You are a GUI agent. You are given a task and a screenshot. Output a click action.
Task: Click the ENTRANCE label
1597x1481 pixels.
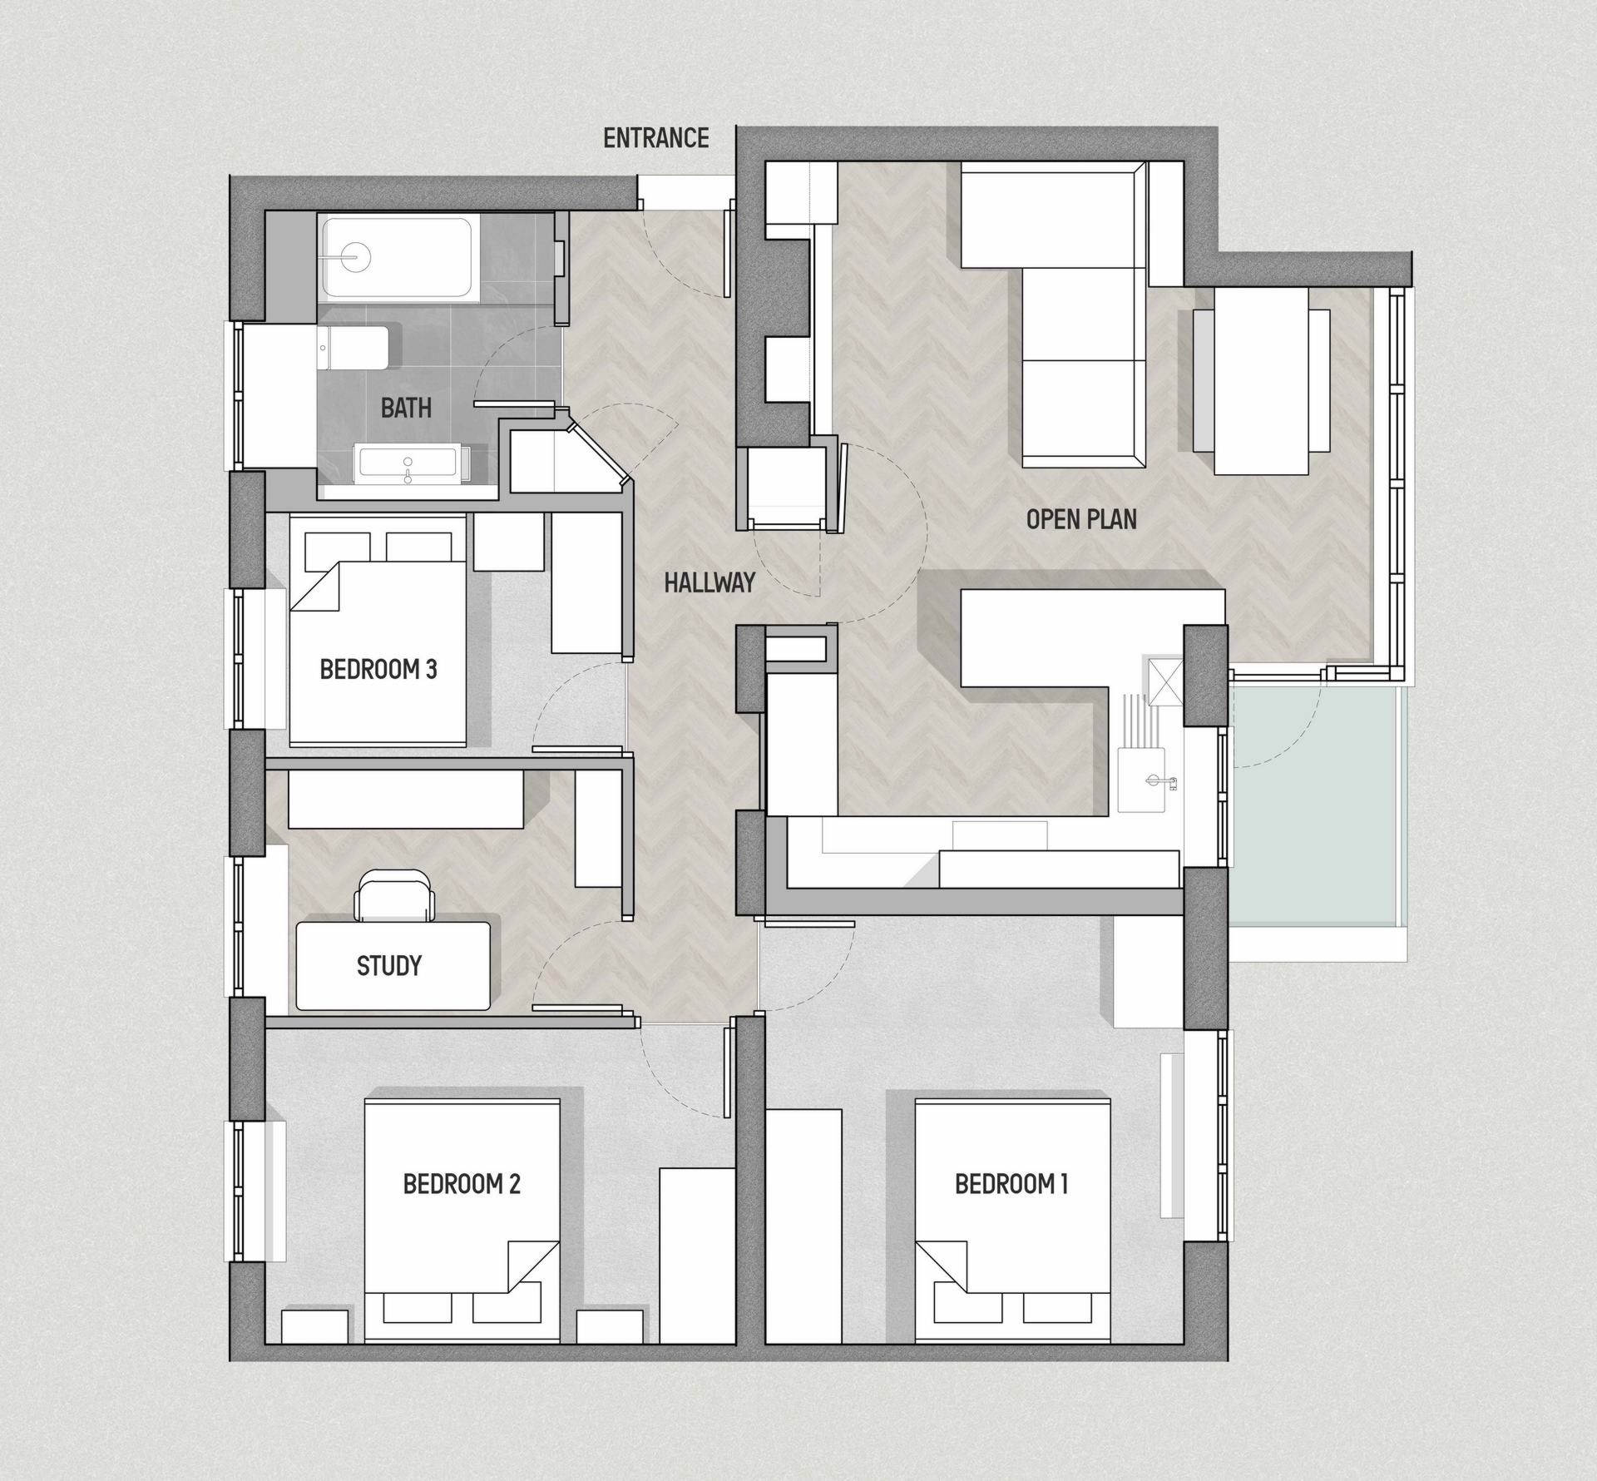pyautogui.click(x=655, y=138)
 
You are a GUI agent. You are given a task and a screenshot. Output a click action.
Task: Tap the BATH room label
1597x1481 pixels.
pyautogui.click(x=406, y=408)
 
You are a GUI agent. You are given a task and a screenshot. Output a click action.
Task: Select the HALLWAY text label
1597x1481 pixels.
pyautogui.click(x=709, y=582)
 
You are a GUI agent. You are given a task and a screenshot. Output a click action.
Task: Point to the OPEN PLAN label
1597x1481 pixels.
pyautogui.click(x=1080, y=519)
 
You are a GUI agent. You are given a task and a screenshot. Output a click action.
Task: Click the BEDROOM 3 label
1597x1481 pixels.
pyautogui.click(x=378, y=669)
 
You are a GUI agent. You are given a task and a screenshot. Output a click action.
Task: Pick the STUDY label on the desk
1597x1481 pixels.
pyautogui.click(x=388, y=965)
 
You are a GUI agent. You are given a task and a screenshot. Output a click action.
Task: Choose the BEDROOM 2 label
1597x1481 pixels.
pyautogui.click(x=461, y=1183)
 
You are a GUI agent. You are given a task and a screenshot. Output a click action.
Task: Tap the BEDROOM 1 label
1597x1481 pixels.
pyautogui.click(x=1011, y=1183)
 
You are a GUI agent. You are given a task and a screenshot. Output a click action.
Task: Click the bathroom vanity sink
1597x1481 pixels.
pyautogui.click(x=407, y=463)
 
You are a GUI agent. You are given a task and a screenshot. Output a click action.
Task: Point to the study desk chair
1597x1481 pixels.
pyautogui.click(x=395, y=896)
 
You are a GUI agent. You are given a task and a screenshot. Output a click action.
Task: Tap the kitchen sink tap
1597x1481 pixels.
pyautogui.click(x=1156, y=780)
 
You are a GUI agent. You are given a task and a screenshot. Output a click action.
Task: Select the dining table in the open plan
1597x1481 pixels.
pyautogui.click(x=1261, y=381)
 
